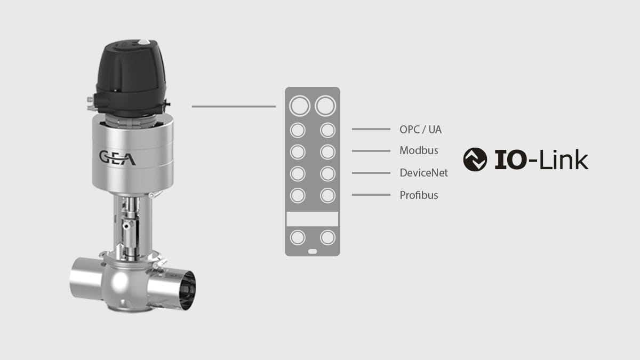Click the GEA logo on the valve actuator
(117, 158)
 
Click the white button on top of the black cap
(143, 42)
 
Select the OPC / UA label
(420, 129)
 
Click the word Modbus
(419, 151)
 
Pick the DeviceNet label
(423, 173)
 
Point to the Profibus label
(419, 195)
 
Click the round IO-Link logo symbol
(475, 160)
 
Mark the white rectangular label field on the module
(313, 219)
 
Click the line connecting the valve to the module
(234, 107)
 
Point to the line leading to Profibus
(371, 195)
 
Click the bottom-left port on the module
(298, 237)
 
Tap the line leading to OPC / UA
(371, 129)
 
